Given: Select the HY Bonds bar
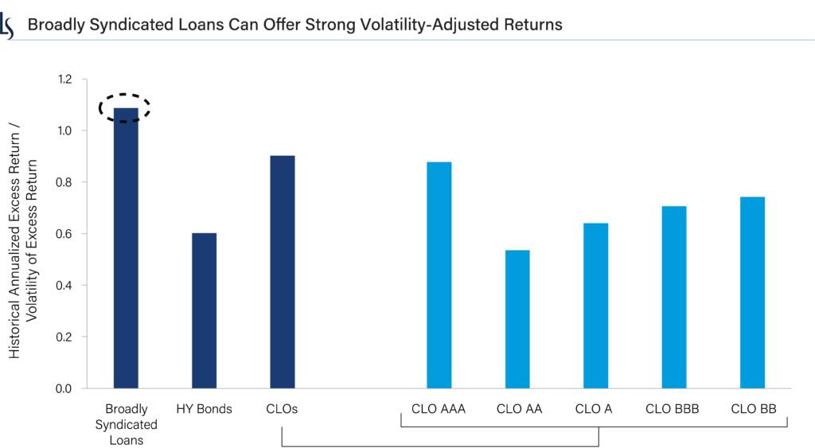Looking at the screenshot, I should (204, 310).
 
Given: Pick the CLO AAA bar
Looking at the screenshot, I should (439, 275).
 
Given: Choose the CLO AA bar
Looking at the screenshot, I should (517, 319).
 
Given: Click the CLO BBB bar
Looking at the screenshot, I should (673, 297).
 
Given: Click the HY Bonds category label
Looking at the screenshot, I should (204, 409).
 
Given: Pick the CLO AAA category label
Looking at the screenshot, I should (439, 409).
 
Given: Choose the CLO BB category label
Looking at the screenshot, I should (751, 409).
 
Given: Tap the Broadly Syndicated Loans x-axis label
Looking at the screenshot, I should (126, 424).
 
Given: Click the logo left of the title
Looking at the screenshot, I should (9, 25).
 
